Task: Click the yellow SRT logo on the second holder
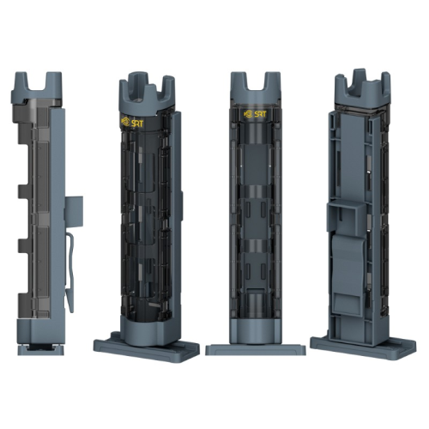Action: (132, 123)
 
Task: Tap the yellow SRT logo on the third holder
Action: (255, 114)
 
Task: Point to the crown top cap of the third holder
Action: (255, 88)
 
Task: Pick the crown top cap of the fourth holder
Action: (362, 88)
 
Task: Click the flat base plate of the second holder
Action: (147, 347)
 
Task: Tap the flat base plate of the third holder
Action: (256, 350)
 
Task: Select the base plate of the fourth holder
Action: (363, 347)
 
